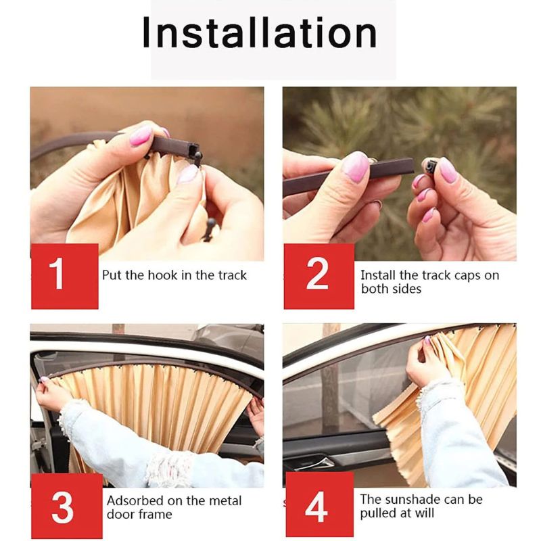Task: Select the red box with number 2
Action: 318,275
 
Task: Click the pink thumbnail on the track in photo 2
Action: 356,166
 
